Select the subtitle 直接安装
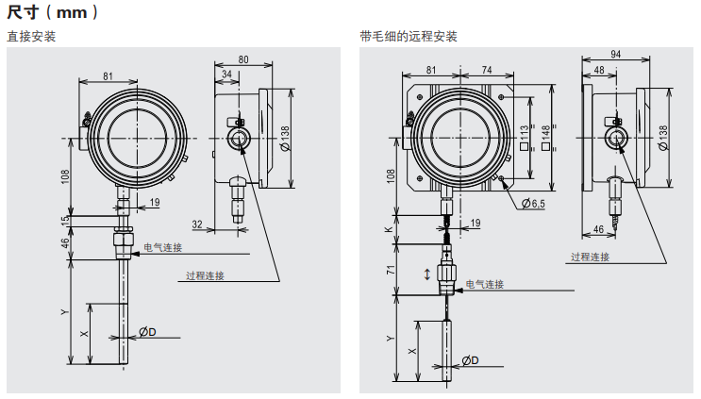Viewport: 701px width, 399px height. (31, 37)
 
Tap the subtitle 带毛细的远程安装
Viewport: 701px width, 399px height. (409, 37)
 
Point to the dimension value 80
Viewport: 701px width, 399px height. (242, 59)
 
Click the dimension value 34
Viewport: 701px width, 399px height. (226, 74)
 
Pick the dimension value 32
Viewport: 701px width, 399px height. (198, 224)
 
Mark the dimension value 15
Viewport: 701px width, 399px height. (66, 221)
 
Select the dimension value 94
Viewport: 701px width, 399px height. (617, 54)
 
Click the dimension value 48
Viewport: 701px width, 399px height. (600, 71)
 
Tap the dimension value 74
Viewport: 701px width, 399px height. (487, 70)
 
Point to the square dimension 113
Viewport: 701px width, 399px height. (525, 141)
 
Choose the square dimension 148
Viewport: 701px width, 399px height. (545, 141)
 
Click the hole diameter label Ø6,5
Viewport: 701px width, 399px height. (535, 203)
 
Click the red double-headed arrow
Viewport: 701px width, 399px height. (427, 274)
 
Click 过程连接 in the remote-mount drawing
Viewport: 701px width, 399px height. (590, 257)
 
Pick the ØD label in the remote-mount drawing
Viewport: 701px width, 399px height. (470, 360)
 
